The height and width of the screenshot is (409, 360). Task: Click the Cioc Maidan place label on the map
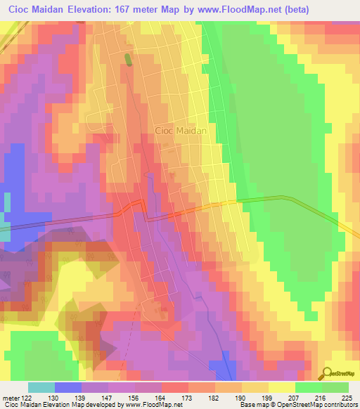[x=180, y=131]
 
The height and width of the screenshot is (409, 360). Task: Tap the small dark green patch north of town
[x=128, y=60]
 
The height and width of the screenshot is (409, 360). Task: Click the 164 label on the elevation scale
[x=161, y=398]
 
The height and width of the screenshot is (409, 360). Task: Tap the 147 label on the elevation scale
[x=108, y=398]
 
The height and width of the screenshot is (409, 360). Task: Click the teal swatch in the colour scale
[x=41, y=387]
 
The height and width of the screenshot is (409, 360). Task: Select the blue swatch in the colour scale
[x=68, y=387]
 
